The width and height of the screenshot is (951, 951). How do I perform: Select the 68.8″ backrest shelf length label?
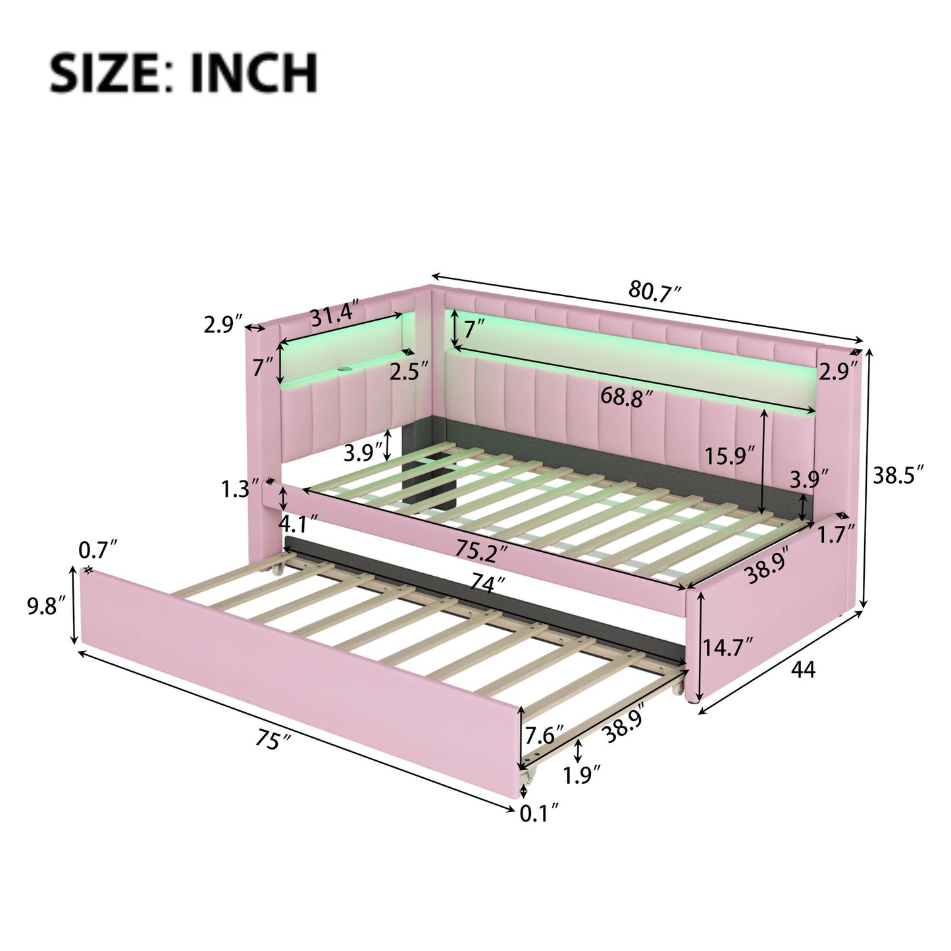click(x=627, y=397)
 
